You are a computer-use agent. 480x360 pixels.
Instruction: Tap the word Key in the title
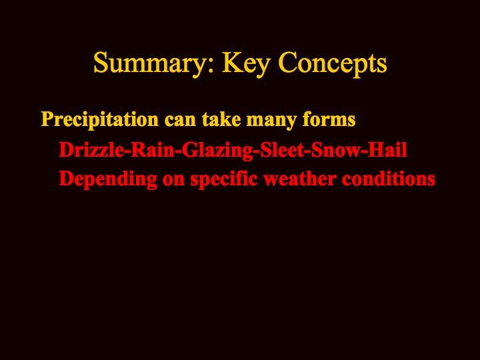(246, 63)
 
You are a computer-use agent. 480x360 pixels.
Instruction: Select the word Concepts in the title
(333, 63)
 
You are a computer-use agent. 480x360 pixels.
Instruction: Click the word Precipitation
(100, 119)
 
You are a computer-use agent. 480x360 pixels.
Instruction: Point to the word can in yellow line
(180, 121)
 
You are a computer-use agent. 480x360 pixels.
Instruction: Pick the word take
(221, 119)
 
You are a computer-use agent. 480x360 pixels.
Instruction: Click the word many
(271, 121)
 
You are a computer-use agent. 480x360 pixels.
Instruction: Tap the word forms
(329, 119)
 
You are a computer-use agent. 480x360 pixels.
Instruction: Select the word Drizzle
(91, 150)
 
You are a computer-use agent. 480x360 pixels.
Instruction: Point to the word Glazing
(217, 151)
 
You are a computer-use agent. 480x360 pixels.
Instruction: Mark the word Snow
(336, 150)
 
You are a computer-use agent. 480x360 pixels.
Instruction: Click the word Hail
(387, 150)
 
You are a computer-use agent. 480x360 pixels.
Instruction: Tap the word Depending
(108, 179)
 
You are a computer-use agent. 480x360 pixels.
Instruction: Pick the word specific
(224, 179)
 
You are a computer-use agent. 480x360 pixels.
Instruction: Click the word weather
(300, 179)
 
